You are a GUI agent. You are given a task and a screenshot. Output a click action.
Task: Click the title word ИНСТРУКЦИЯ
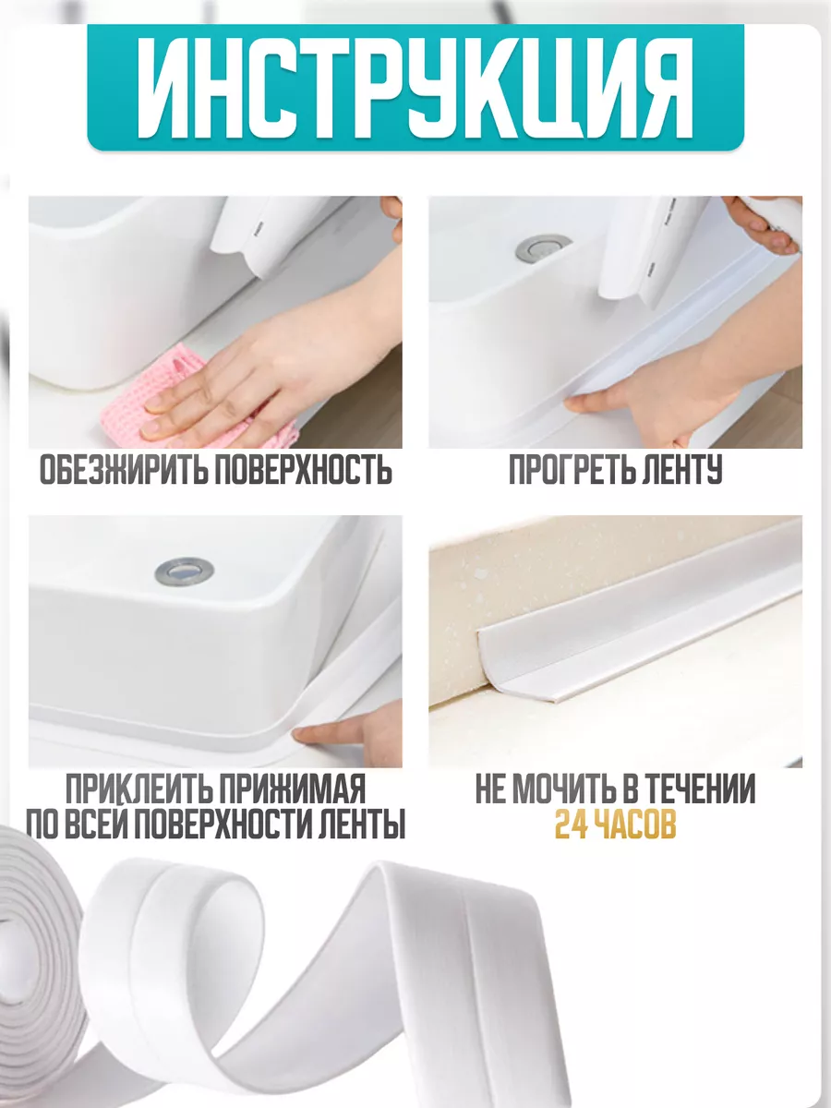click(415, 89)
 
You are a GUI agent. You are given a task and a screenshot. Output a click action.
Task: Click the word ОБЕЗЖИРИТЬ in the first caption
click(122, 470)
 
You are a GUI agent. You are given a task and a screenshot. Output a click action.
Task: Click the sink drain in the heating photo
click(543, 247)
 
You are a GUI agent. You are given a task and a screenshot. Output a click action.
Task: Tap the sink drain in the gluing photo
click(184, 571)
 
